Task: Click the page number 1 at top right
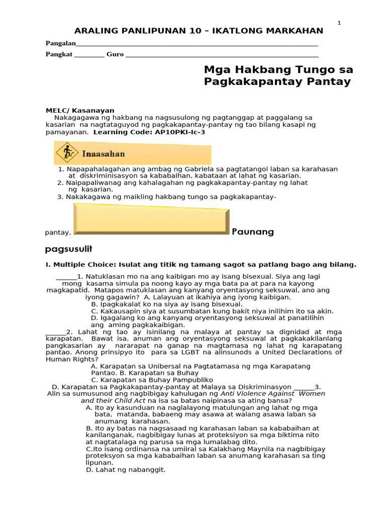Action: (x=339, y=23)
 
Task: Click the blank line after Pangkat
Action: (x=89, y=55)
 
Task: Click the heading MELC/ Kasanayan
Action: (x=80, y=110)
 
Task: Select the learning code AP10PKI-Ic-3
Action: (x=178, y=132)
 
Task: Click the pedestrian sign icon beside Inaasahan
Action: (x=65, y=153)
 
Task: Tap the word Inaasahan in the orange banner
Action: (x=103, y=153)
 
